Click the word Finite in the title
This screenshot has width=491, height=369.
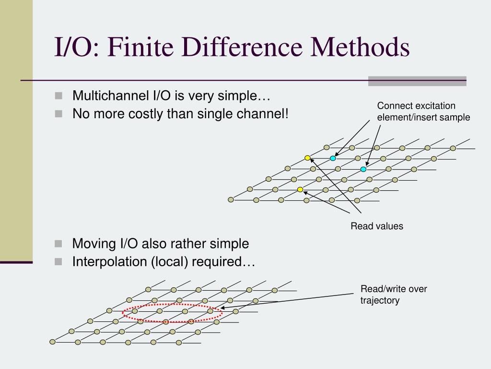point(136,49)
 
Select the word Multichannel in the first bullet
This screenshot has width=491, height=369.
point(109,96)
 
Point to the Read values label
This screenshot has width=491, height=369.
point(377,226)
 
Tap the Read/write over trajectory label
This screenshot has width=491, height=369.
point(394,295)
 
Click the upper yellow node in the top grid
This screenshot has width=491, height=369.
point(307,158)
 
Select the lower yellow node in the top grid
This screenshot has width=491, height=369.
point(300,189)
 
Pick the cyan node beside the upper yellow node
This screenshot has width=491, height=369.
point(333,158)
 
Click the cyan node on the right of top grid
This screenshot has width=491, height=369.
point(363,169)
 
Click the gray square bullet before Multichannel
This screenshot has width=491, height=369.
point(58,95)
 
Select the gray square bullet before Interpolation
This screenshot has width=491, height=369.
point(58,261)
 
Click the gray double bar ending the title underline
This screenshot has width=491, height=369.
point(417,81)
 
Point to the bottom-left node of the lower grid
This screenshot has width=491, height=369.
point(53,342)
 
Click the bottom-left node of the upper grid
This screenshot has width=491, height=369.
point(231,199)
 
